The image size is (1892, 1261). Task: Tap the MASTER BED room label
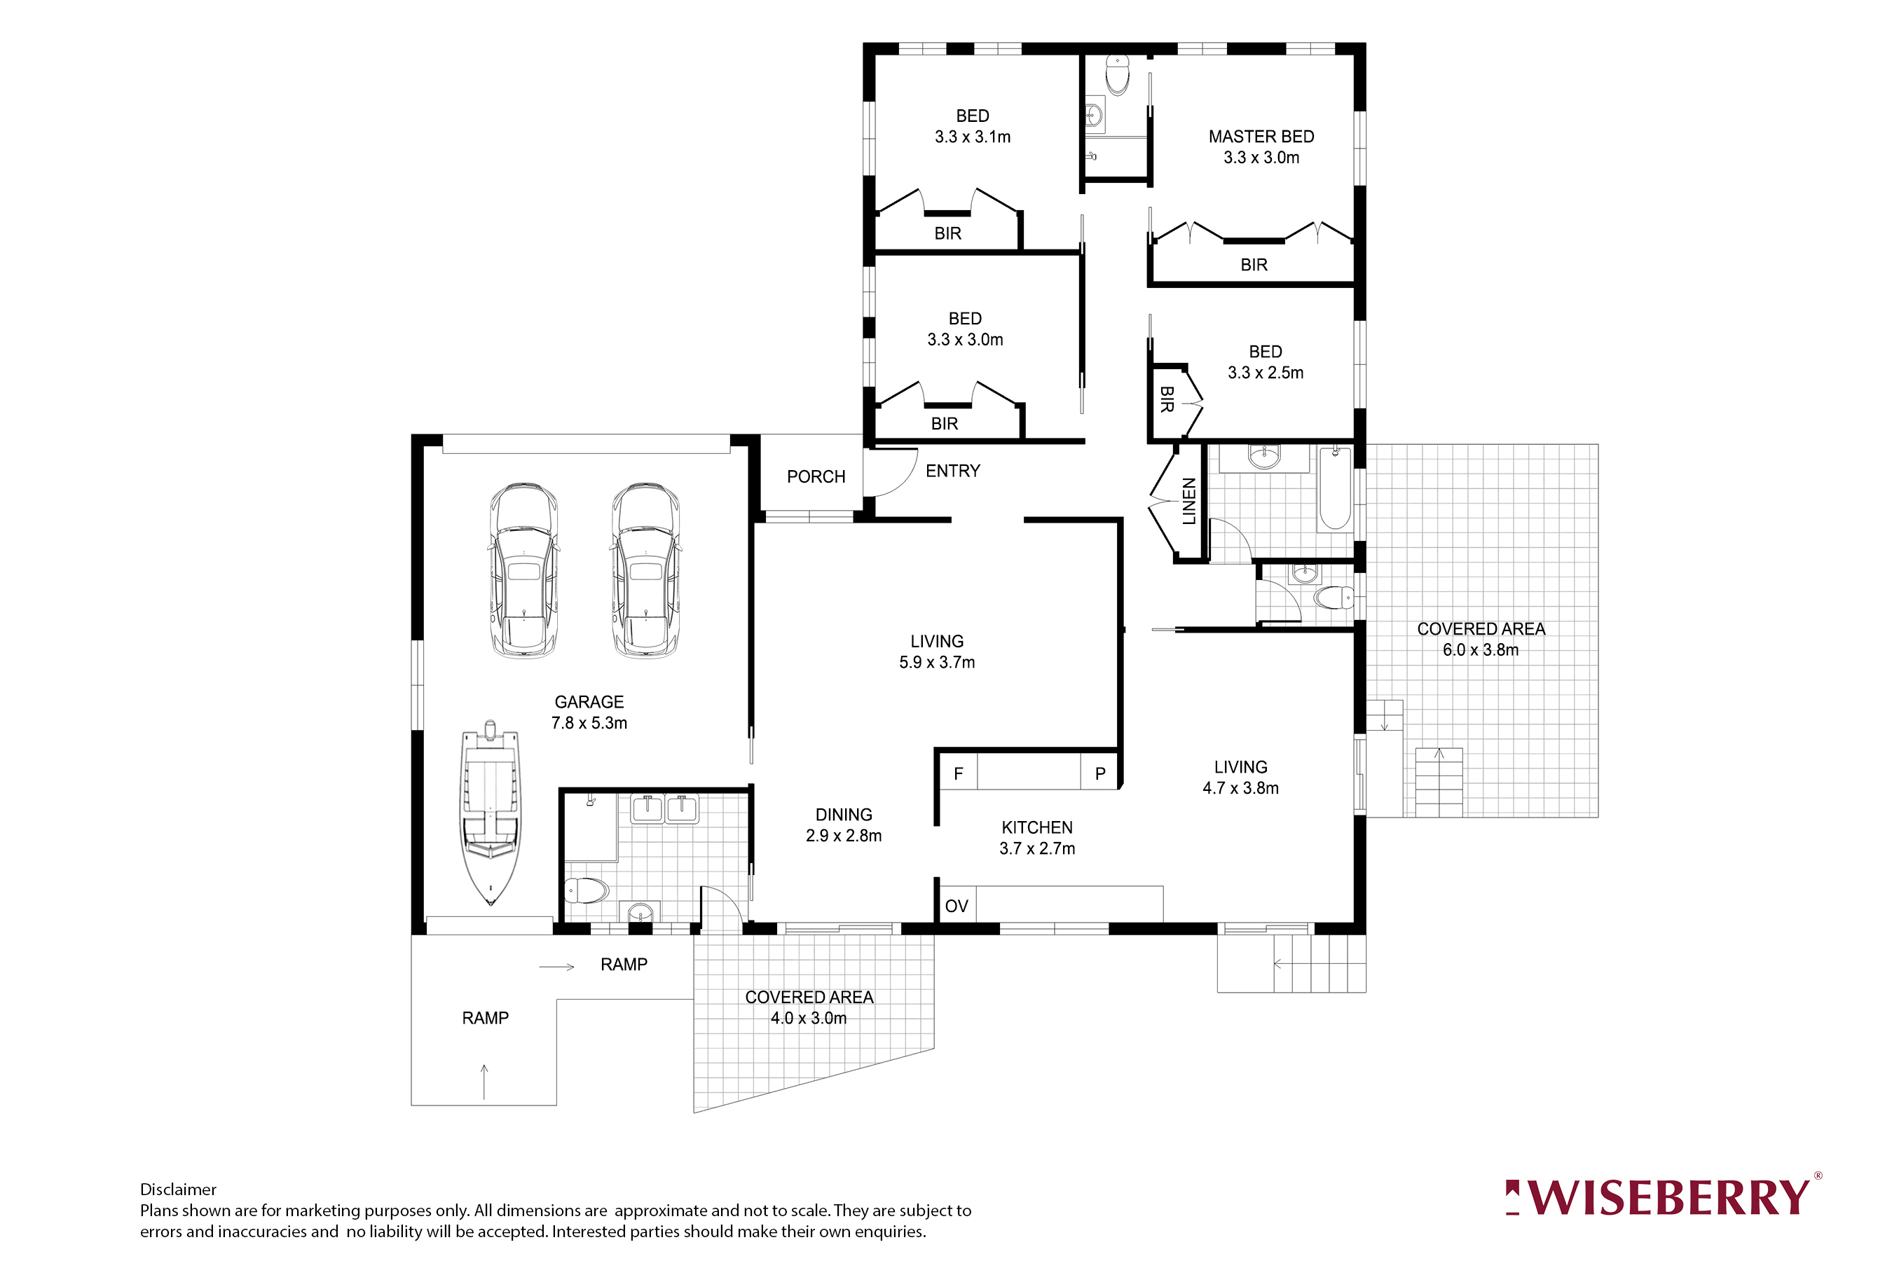pos(1261,137)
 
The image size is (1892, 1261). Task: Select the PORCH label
pos(816,477)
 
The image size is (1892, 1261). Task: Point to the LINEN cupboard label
pos(1189,501)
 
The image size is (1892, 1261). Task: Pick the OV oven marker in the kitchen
pos(956,907)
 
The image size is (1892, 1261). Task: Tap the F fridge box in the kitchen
pos(958,773)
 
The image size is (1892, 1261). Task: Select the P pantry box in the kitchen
pos(1099,773)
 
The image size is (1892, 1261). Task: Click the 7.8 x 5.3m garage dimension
pos(589,723)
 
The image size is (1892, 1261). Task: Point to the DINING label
pos(843,815)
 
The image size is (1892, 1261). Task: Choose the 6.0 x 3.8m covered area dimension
pos(1480,650)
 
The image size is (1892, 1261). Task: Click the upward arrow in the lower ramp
pos(484,1082)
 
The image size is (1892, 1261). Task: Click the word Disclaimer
pos(178,1190)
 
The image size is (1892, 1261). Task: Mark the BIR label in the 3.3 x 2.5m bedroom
pos(1167,400)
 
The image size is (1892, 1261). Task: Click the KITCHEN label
pos(1036,827)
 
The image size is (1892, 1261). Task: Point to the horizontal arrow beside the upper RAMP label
pos(556,967)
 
